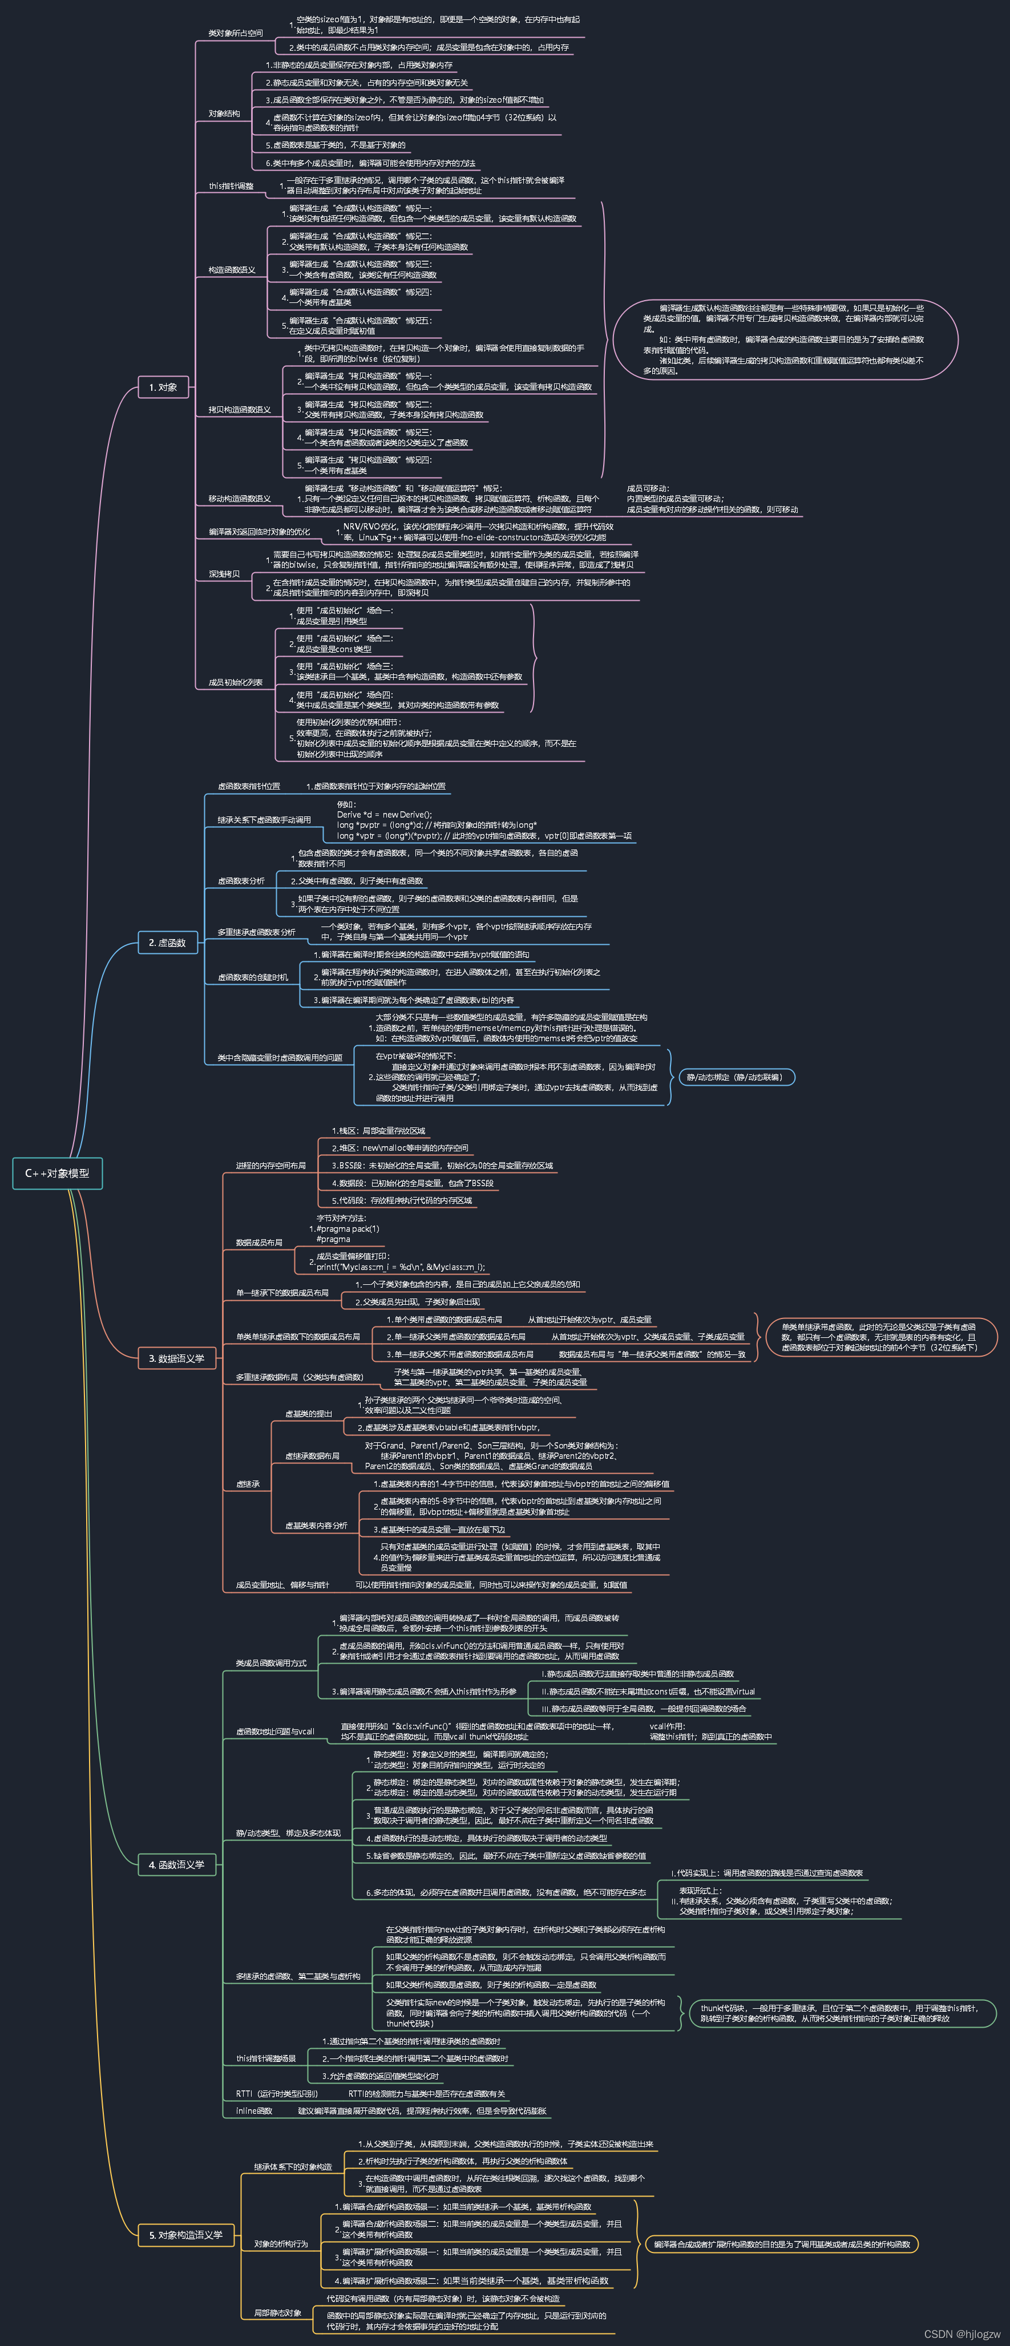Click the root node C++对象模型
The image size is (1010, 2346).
click(58, 1173)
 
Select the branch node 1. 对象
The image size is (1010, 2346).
click(163, 387)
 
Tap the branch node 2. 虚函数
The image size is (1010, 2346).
click(167, 943)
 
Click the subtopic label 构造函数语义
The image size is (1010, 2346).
click(231, 269)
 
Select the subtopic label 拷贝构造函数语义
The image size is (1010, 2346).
click(240, 410)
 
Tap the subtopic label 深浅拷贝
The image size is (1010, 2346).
click(224, 574)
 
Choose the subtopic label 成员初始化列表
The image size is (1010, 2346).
click(235, 682)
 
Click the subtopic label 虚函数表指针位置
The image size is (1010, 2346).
click(249, 786)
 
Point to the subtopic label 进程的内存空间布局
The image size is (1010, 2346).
click(270, 1166)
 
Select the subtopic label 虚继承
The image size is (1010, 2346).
click(248, 1485)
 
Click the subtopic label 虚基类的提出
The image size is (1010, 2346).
click(309, 1413)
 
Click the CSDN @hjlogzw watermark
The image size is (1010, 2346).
click(961, 2333)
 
